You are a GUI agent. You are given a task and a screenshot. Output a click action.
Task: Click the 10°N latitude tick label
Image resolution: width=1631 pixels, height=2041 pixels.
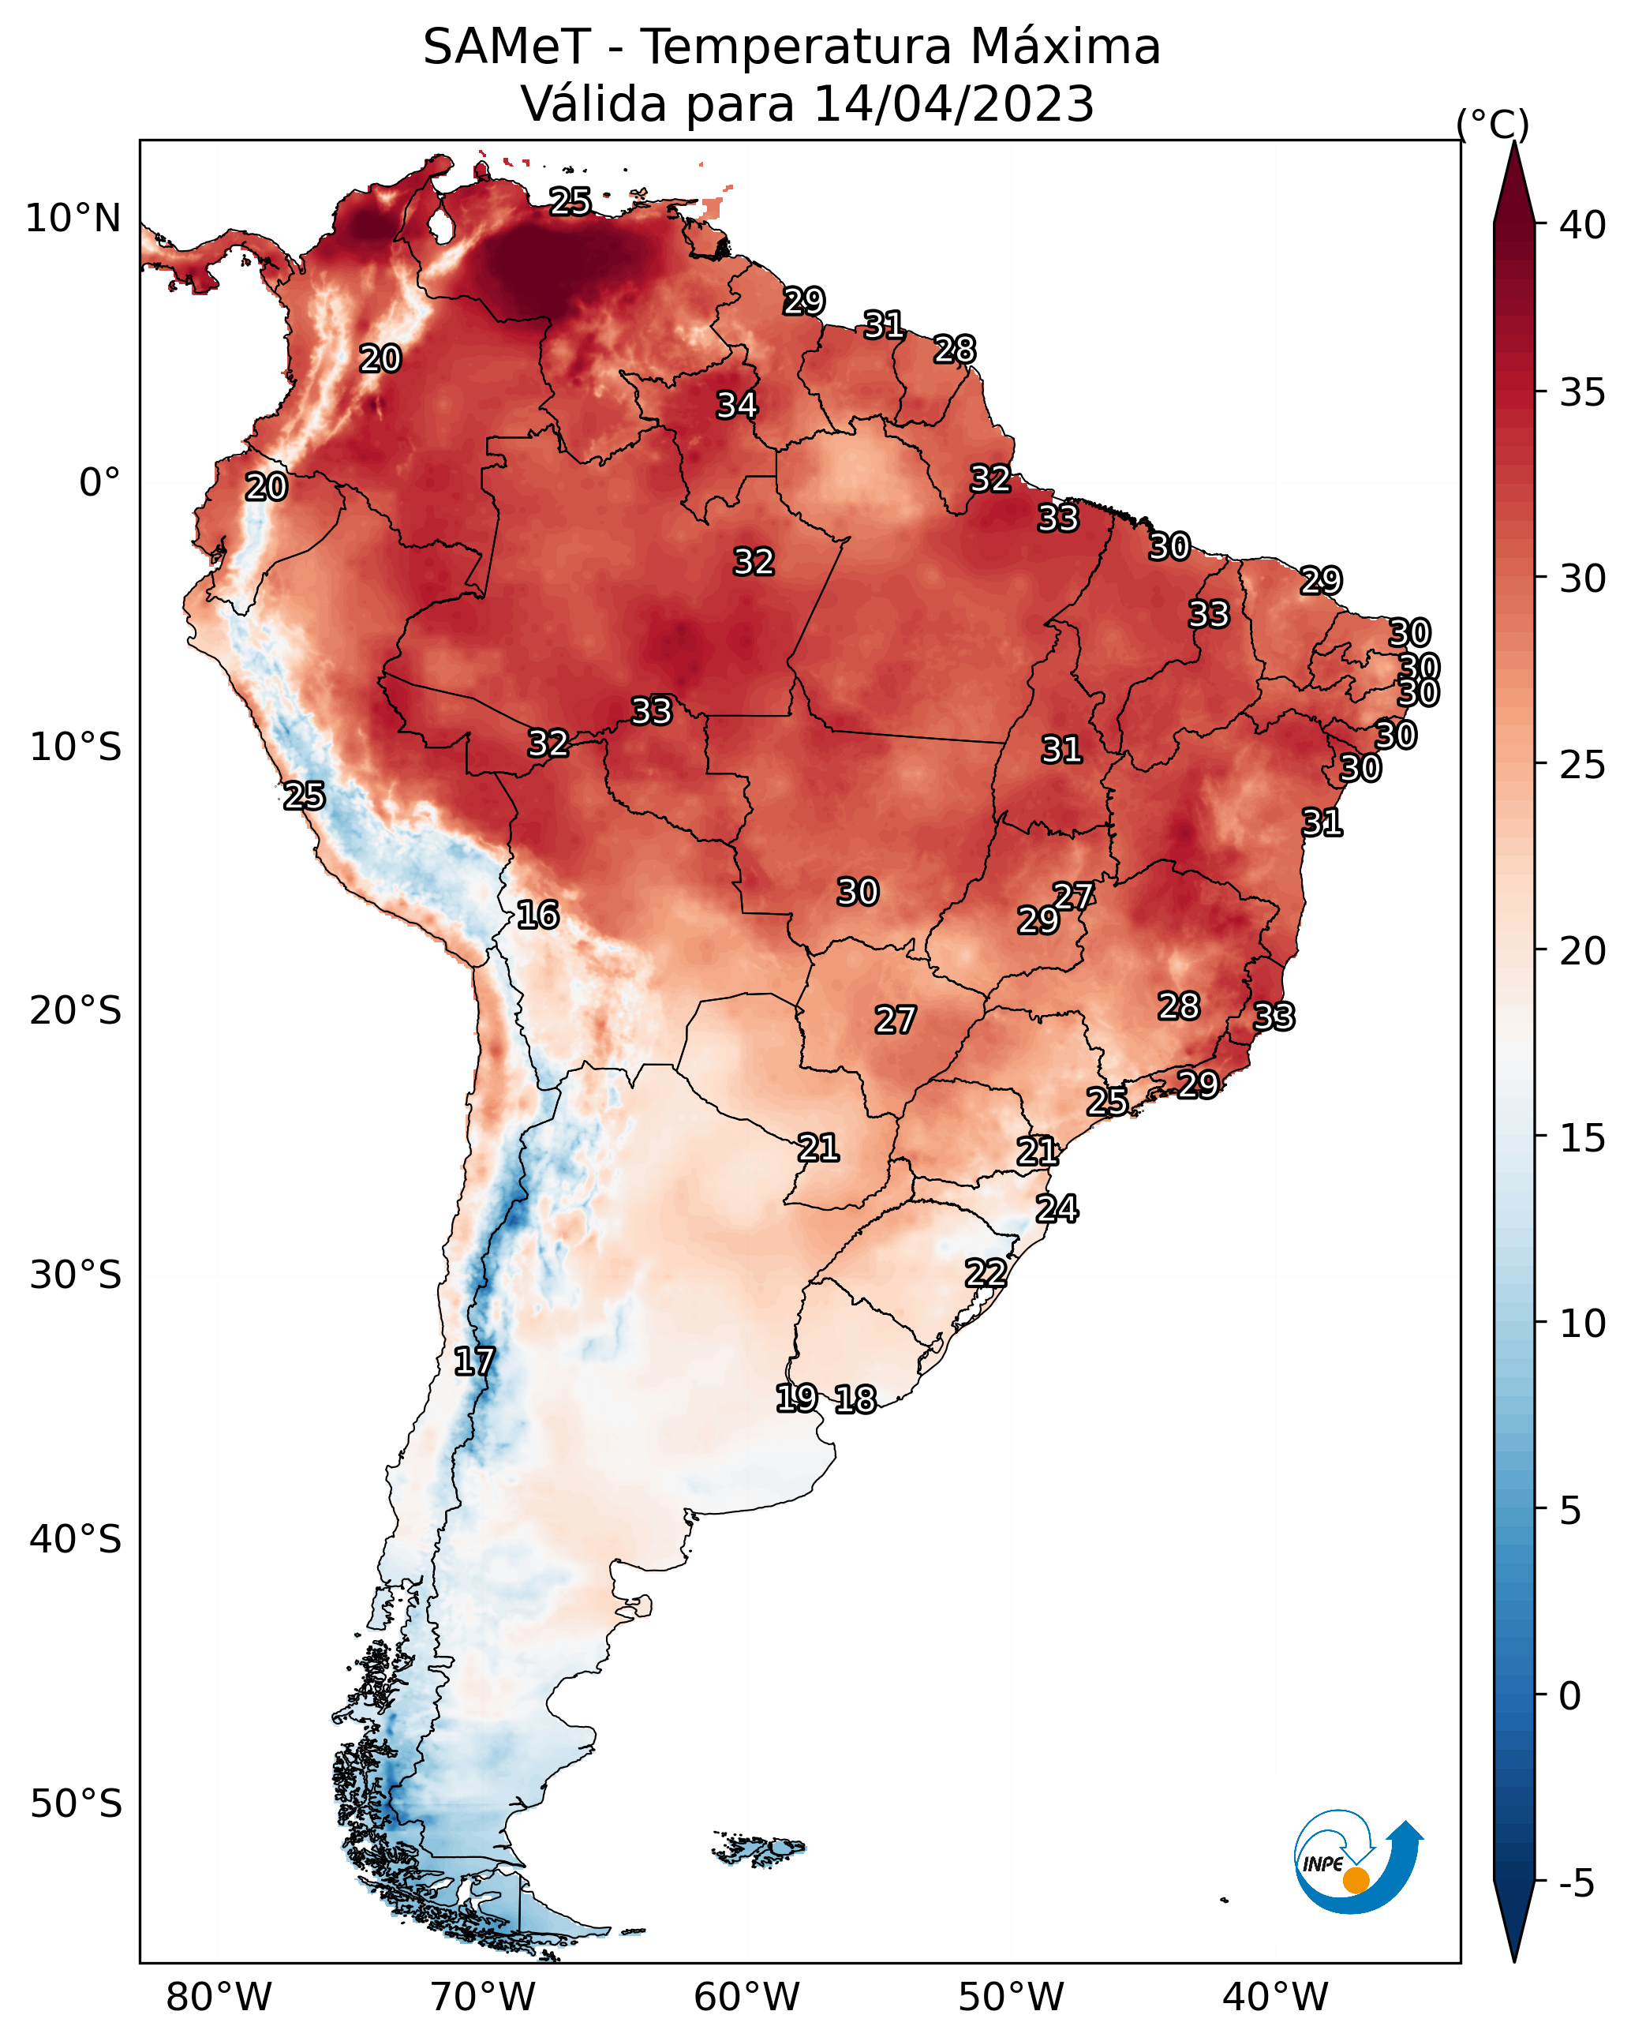pos(73,219)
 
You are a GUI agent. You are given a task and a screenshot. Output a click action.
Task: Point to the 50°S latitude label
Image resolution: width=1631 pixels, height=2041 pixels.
pos(76,1804)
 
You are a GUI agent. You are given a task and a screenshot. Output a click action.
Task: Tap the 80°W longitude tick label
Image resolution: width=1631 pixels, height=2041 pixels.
pos(219,1997)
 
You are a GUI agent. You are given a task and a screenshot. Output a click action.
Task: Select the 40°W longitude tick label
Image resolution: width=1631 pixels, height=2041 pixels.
pos(1275,1997)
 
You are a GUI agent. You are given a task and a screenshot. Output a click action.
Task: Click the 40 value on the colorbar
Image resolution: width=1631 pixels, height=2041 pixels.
pos(1582,225)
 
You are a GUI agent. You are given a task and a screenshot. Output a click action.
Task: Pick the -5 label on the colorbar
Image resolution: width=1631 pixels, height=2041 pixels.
pos(1575,1884)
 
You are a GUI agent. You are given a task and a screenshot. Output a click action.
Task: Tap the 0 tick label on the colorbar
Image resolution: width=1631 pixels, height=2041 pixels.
pos(1569,1696)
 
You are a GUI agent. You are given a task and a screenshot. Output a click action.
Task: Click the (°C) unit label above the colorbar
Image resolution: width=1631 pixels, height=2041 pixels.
pos(1493,124)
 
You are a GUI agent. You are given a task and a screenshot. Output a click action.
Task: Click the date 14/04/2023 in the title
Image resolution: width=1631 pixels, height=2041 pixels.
pos(953,104)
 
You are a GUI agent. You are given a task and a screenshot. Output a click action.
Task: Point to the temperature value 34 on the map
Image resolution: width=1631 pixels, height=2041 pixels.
pos(736,405)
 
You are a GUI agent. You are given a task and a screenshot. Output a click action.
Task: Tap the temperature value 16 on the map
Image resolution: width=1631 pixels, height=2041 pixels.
pos(537,915)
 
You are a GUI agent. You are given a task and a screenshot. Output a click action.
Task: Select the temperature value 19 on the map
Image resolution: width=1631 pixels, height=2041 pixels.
pos(796,1397)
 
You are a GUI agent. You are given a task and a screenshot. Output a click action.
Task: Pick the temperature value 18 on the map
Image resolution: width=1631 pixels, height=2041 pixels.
pos(855,1399)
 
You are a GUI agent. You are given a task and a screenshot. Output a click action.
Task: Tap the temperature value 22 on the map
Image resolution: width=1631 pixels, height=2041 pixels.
pos(986,1273)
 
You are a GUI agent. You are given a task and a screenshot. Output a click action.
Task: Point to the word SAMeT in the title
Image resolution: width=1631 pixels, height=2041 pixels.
pos(507,47)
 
